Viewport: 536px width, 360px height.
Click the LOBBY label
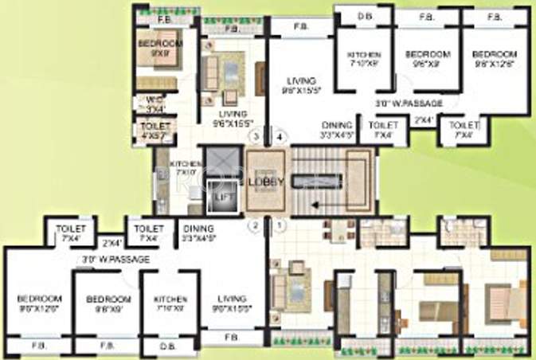pos(266,181)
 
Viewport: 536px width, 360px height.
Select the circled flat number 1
pos(279,225)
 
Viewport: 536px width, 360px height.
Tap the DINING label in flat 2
pos(195,233)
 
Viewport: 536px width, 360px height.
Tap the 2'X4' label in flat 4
pos(424,120)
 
